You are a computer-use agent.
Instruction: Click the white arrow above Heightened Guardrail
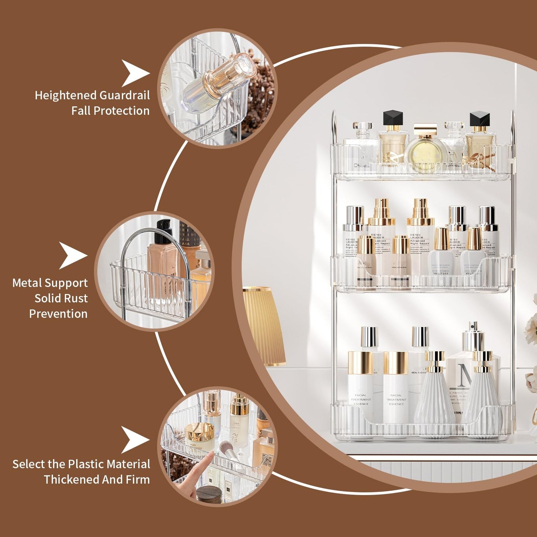coord(135,73)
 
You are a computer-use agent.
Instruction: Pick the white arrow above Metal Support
coord(72,256)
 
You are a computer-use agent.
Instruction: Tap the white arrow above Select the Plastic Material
coord(135,440)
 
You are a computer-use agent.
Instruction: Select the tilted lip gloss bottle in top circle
coord(219,82)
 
